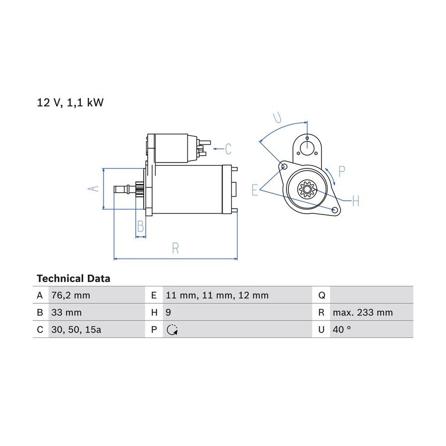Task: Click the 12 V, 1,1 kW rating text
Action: click(70, 103)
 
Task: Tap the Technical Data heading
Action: click(73, 278)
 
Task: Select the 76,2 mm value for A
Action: click(70, 295)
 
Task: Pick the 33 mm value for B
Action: click(66, 312)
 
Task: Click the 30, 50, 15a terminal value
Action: click(76, 330)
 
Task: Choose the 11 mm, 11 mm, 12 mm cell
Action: click(217, 295)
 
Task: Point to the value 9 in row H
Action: click(168, 312)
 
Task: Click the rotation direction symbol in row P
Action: click(172, 330)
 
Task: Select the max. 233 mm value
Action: click(363, 312)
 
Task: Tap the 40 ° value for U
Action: click(341, 330)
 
